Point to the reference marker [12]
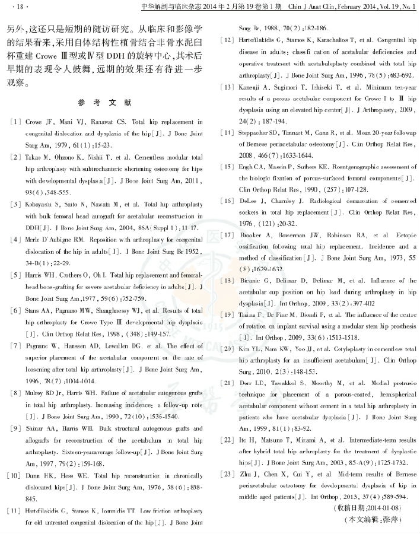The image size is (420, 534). (x=226, y=40)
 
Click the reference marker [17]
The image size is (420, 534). (x=226, y=235)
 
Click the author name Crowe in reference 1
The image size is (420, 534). (x=34, y=120)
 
